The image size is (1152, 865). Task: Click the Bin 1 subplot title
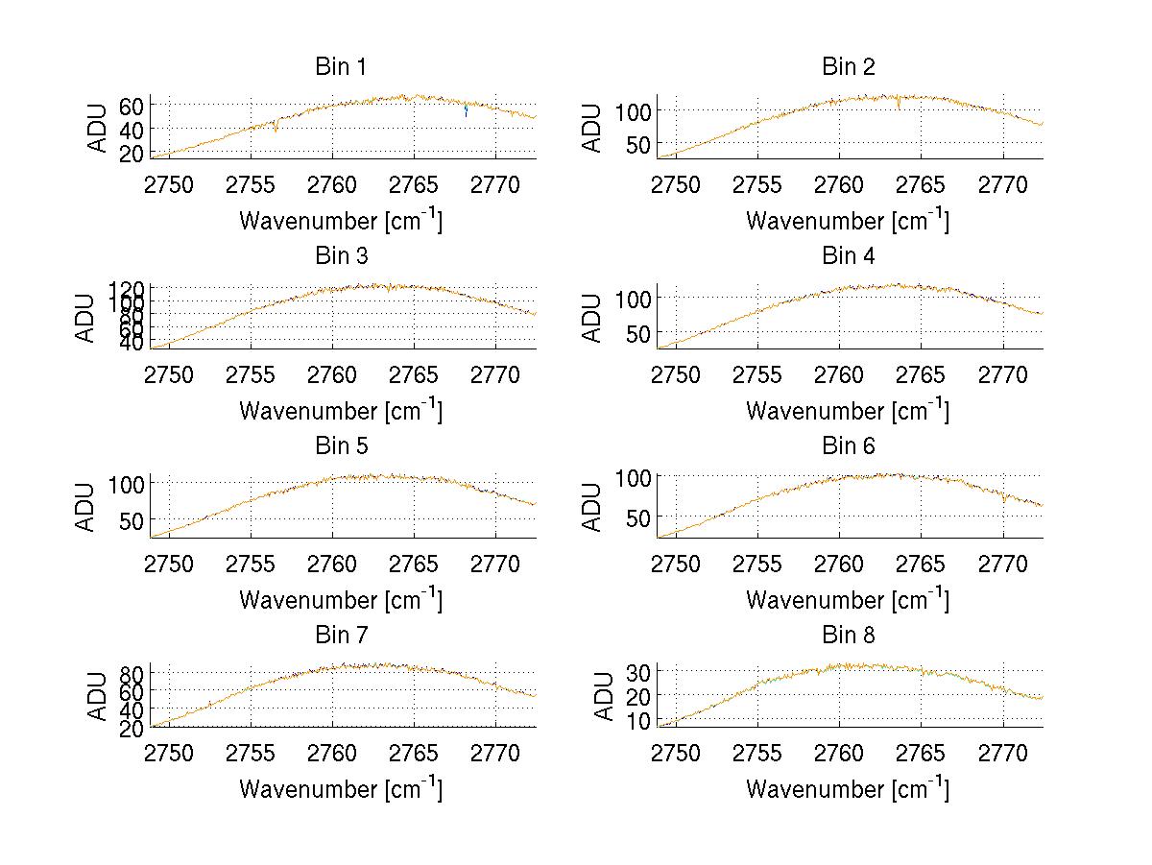pos(341,67)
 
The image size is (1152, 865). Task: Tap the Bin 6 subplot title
pos(849,446)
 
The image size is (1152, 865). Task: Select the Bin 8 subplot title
pos(849,636)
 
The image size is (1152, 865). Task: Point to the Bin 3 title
pos(341,256)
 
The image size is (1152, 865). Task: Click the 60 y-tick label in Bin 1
pos(132,105)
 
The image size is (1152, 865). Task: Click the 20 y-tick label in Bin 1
pos(132,152)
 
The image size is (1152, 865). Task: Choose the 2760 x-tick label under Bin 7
pos(332,753)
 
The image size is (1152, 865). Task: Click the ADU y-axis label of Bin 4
pos(593,318)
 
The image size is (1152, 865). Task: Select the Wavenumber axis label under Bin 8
pos(848,789)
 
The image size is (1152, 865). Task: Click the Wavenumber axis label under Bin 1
pos(341,221)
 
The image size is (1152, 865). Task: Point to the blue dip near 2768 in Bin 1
pos(467,111)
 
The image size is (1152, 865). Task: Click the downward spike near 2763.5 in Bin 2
pos(899,106)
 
